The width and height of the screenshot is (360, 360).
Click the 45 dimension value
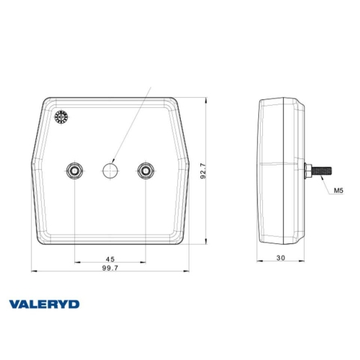tap(110, 258)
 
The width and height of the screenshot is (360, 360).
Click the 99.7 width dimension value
tap(110, 267)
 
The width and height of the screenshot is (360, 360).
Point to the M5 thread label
tap(339, 192)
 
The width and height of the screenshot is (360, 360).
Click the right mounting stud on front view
tap(146, 171)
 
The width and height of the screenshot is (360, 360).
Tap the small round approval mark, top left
tap(61, 117)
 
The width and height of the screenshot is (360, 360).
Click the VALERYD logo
tap(45, 305)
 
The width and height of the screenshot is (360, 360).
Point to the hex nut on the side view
tap(309, 171)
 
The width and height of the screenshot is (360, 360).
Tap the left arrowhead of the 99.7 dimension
tap(32, 272)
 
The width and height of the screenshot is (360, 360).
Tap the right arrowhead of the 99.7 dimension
tap(186, 272)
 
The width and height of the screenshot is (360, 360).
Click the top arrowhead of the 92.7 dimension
tap(209, 98)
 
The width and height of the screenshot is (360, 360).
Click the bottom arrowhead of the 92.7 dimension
tap(209, 244)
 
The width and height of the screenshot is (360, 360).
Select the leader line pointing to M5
tap(328, 184)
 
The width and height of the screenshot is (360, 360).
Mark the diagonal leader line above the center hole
tap(133, 125)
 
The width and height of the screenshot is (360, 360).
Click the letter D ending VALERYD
tap(75, 305)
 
